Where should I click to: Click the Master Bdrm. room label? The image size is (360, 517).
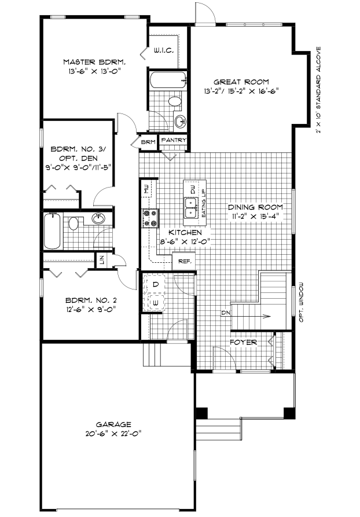coord(94,62)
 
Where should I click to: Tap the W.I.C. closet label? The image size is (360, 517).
coord(164,51)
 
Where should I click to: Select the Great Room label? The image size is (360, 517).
coord(241,82)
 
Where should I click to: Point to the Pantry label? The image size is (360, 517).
coord(174,140)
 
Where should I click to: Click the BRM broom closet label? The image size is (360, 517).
coord(148,142)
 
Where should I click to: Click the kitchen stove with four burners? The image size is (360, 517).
coord(150,219)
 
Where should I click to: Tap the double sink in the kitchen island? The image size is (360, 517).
coord(191,208)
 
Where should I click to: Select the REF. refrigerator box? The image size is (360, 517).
coord(184,261)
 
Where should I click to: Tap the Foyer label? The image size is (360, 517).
coord(243,342)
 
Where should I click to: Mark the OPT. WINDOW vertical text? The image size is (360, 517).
coord(301,303)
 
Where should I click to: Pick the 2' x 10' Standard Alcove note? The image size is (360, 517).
coord(318,90)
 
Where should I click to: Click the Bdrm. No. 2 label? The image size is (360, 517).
coord(91,300)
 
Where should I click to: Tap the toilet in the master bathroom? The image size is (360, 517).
coord(175,101)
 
